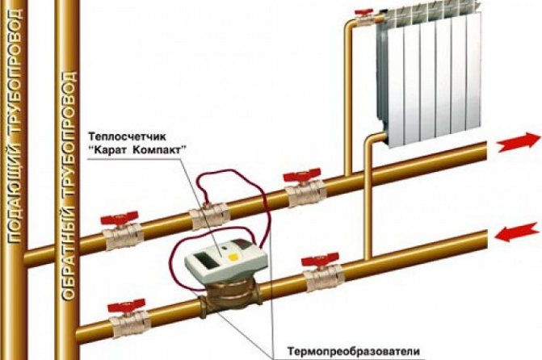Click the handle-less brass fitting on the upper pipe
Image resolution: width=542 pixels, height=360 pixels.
pyautogui.click(x=206, y=216)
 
